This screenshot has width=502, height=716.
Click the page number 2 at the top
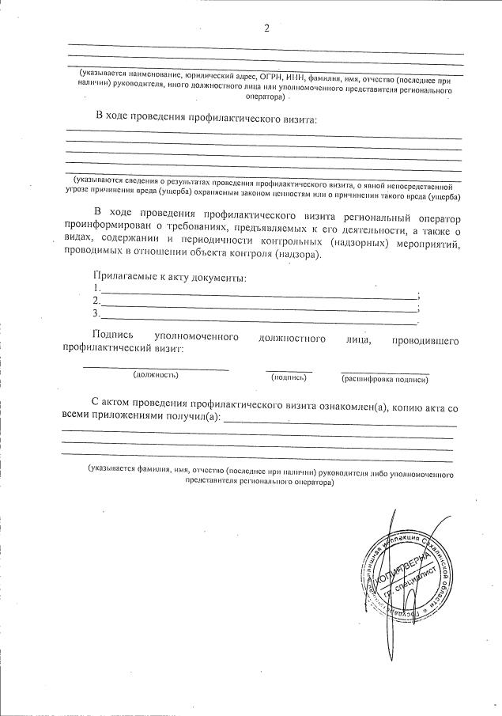pos(266,28)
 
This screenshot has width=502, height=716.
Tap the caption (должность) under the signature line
pos(156,374)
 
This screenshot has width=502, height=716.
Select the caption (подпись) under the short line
pos(289,377)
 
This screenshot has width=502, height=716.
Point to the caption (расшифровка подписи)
pos(385,380)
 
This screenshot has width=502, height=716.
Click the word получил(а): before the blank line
pos(190,416)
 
